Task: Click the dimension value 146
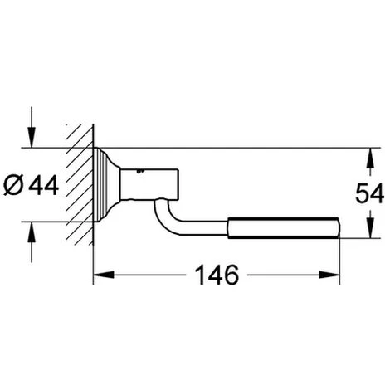(217, 275)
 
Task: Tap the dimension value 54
(369, 193)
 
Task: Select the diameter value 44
(44, 185)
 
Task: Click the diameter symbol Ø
(13, 185)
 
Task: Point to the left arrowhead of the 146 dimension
(104, 275)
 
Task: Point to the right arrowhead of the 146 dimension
(329, 275)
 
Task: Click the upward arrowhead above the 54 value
(370, 158)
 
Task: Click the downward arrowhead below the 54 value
(370, 227)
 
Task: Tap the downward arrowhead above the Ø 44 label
(32, 137)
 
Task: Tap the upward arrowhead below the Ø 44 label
(32, 232)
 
